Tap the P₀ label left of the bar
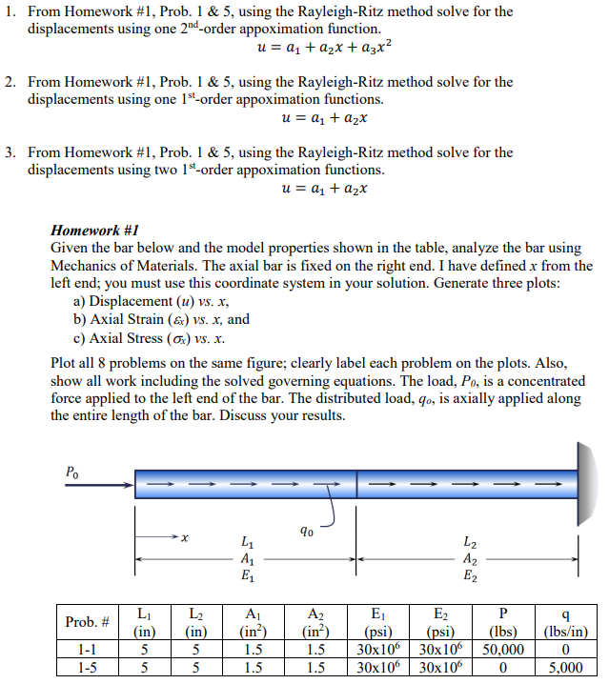click(72, 471)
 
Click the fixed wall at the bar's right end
click(582, 483)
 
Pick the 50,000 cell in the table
click(503, 650)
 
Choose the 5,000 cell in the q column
click(565, 667)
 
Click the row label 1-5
click(86, 667)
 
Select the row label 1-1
click(86, 650)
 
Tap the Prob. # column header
click(86, 622)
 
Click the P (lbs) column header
click(503, 622)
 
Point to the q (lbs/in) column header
click(565, 622)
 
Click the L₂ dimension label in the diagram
click(471, 540)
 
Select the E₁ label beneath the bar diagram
click(249, 576)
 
